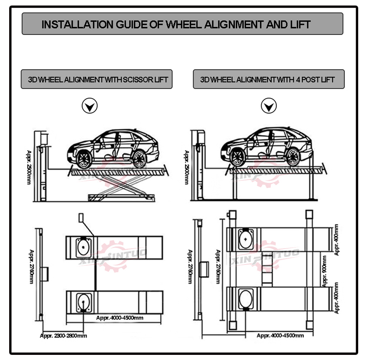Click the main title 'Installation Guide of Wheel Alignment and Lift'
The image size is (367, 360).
pyautogui.click(x=176, y=25)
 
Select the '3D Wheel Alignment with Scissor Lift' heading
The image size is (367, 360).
pyautogui.click(x=98, y=80)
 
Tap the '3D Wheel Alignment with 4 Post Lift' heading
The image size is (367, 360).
pyautogui.click(x=267, y=80)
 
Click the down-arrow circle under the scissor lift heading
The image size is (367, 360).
pyautogui.click(x=90, y=106)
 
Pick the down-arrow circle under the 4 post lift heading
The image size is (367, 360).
pyautogui.click(x=269, y=106)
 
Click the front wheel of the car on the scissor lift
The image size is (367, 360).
pyautogui.click(x=84, y=159)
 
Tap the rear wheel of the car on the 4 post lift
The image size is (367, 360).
pyautogui.click(x=293, y=157)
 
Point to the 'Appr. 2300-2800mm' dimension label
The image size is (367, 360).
pyautogui.click(x=63, y=336)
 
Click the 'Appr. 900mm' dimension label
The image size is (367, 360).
pyautogui.click(x=324, y=271)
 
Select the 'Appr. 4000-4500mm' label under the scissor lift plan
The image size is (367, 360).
pyautogui.click(x=120, y=318)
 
